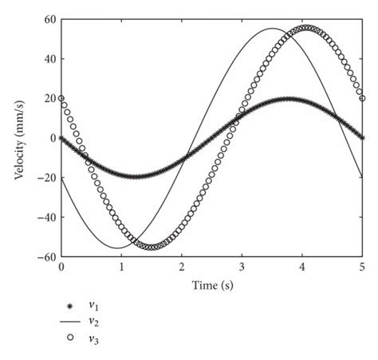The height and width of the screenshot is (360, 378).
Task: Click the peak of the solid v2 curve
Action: pyautogui.click(x=272, y=29)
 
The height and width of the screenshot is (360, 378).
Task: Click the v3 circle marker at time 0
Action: pyautogui.click(x=61, y=99)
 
